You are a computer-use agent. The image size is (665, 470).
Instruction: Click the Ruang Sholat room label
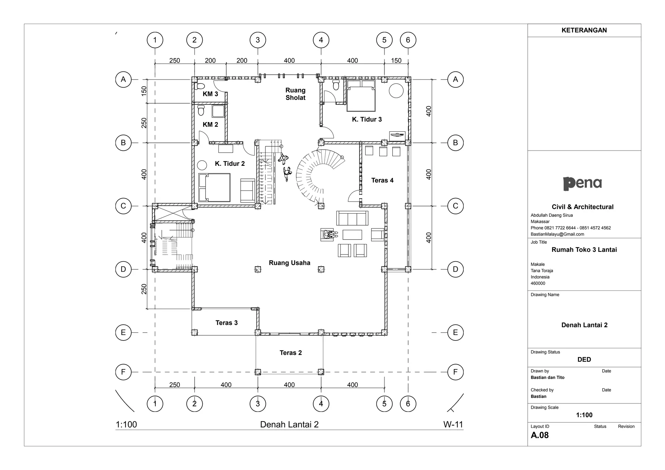[x=295, y=94]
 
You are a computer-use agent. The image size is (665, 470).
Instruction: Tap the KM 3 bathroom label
[x=210, y=94]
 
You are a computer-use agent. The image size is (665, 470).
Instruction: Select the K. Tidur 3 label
[x=367, y=119]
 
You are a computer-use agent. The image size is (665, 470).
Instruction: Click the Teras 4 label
[x=382, y=180]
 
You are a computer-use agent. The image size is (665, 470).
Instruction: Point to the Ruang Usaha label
[x=289, y=263]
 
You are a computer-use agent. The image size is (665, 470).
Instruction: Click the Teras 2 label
[x=291, y=352]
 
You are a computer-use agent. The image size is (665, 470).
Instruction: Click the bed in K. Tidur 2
[x=214, y=187]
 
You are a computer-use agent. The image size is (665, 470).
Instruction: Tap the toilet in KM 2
[x=201, y=110]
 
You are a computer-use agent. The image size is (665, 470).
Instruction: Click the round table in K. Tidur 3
[x=396, y=91]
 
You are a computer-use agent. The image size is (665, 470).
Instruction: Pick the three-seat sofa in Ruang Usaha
[x=352, y=218]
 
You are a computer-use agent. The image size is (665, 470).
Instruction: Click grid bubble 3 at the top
[x=257, y=40]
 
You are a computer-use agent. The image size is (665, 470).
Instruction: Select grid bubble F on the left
[x=123, y=372]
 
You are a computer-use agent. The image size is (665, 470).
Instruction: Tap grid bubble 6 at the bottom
[x=408, y=404]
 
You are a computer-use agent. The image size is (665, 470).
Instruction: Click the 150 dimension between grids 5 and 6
[x=396, y=60]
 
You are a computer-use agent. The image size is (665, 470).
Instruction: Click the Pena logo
[x=582, y=183]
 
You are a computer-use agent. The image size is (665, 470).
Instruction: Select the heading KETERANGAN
[x=584, y=30]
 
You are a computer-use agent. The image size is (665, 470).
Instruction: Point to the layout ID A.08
[x=540, y=435]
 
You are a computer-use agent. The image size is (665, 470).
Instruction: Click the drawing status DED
[x=584, y=359]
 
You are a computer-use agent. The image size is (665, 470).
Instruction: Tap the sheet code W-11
[x=453, y=424]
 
